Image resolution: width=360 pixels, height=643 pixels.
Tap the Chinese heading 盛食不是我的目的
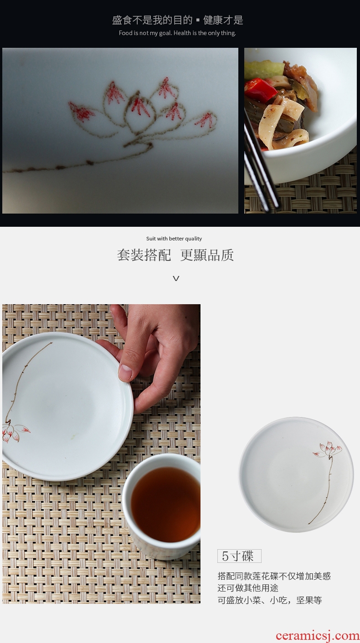point(152,20)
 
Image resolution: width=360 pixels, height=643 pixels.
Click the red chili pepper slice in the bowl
point(260,89)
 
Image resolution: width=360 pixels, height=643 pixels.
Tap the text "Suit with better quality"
point(174,239)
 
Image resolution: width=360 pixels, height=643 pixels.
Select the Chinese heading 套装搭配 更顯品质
point(175,255)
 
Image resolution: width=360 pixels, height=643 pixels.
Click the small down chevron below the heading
point(176,278)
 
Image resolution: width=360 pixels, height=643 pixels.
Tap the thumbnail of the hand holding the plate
point(102,453)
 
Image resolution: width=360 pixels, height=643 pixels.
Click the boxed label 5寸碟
point(239,556)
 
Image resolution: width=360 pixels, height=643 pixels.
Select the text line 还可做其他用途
point(248,587)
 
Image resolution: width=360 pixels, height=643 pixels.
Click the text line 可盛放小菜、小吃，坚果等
point(269,600)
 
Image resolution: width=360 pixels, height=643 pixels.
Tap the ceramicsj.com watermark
point(317,636)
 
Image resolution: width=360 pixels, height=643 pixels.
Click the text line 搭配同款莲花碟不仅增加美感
point(274,576)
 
